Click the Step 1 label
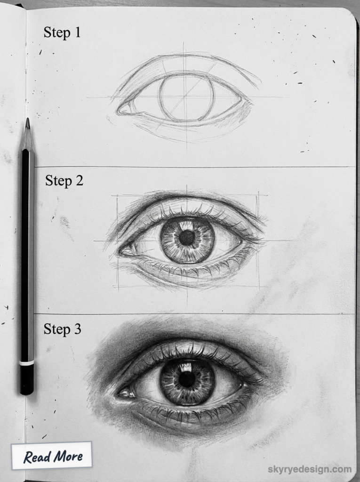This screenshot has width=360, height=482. coord(62,32)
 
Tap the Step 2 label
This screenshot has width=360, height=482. coord(64,181)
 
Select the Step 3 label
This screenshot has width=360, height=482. coord(62,329)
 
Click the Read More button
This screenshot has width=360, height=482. coord(53,456)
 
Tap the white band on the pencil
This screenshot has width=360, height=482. coord(27,363)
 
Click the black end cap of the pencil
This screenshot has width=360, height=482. coord(27,380)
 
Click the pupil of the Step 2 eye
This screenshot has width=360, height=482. coord(187,237)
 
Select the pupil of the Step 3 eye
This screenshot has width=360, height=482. coord(187,379)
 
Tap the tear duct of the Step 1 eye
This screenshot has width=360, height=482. coord(124,110)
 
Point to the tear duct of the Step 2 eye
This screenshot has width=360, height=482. coord(125,251)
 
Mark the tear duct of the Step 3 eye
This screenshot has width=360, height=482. coord(124,392)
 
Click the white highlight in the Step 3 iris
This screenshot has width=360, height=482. coord(186,366)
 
